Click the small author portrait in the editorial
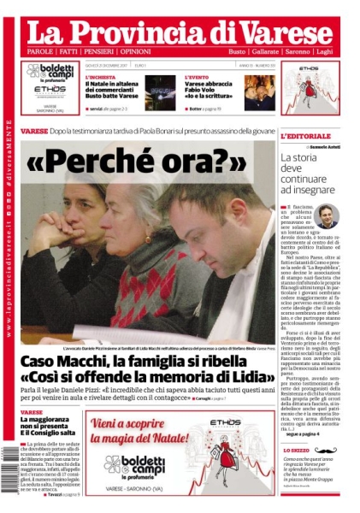click(x=327, y=215)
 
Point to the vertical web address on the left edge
click(x=9, y=274)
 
